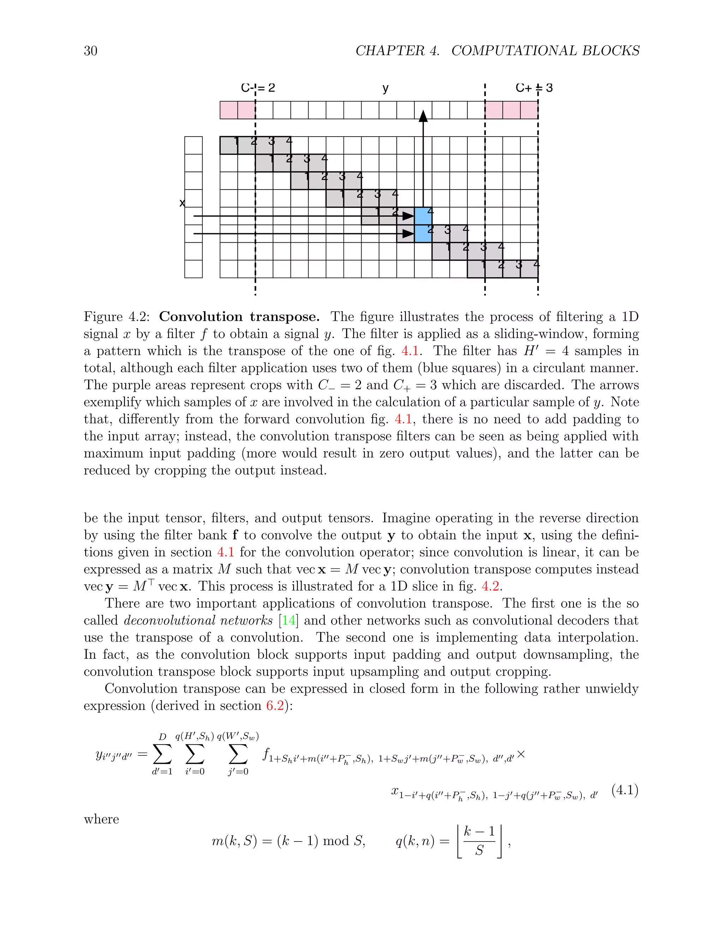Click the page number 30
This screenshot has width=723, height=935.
pyautogui.click(x=90, y=51)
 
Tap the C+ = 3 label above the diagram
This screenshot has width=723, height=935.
pyautogui.click(x=534, y=88)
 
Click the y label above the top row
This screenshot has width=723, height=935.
pyautogui.click(x=386, y=89)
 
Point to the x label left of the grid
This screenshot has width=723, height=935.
pyautogui.click(x=182, y=203)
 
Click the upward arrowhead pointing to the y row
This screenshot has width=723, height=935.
pyautogui.click(x=423, y=116)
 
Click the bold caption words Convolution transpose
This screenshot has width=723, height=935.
pyautogui.click(x=239, y=317)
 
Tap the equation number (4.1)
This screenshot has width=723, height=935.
pyautogui.click(x=625, y=790)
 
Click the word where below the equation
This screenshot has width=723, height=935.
pyautogui.click(x=102, y=819)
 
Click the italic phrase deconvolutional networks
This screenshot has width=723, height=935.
pyautogui.click(x=198, y=620)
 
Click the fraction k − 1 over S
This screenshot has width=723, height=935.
pyautogui.click(x=479, y=841)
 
